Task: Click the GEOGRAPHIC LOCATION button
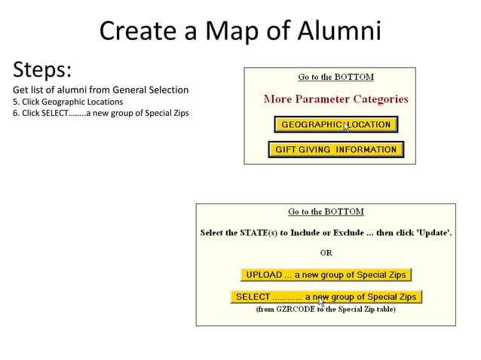point(335,124)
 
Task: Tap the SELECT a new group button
point(326,297)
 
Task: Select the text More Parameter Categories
point(335,99)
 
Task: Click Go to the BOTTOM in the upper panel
point(335,77)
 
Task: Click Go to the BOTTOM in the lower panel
point(326,212)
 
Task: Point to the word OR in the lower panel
point(326,253)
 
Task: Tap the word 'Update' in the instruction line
point(434,233)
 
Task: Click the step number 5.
point(15,102)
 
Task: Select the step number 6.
point(15,113)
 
